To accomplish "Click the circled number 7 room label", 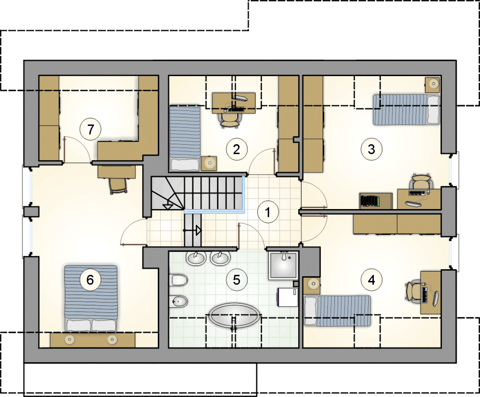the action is (90, 129).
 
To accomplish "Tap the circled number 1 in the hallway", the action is (268, 212).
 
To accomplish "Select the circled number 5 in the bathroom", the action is (237, 280).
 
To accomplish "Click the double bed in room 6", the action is (91, 298).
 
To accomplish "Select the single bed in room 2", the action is (185, 138).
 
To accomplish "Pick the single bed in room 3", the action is (406, 110).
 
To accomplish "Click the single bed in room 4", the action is (337, 311).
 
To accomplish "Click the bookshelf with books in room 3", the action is (376, 201).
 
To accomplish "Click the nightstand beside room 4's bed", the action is (312, 286).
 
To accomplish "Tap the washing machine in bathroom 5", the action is (288, 297).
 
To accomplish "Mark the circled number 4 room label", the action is (371, 280).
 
